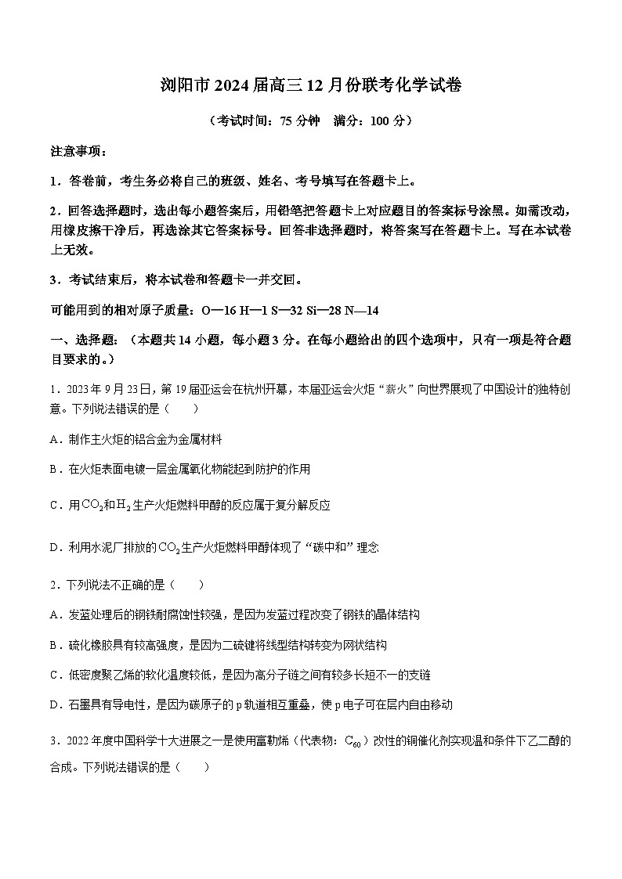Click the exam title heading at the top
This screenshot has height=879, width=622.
[x=311, y=87]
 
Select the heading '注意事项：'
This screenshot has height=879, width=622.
[x=78, y=152]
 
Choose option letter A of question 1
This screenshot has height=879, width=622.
[x=55, y=440]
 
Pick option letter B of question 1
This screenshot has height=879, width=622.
[x=55, y=469]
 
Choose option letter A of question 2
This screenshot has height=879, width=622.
[x=55, y=615]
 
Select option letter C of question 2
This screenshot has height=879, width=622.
[x=55, y=675]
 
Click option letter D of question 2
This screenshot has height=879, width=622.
[x=55, y=704]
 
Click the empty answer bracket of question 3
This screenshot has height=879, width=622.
[x=193, y=768]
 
